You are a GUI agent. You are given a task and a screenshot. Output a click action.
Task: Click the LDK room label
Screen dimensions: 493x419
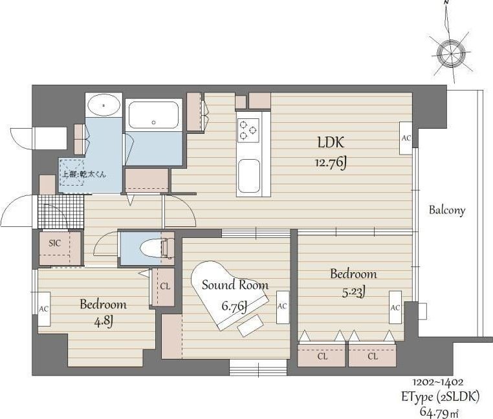pos(331,142)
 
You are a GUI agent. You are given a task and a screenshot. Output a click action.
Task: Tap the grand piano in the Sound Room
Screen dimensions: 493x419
pos(230,295)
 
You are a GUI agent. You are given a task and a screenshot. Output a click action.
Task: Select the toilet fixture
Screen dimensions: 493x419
pos(157,248)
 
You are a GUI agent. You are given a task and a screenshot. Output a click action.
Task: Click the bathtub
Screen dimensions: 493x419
pos(153,115)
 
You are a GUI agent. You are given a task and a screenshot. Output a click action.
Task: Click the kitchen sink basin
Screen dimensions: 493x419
pos(249,177)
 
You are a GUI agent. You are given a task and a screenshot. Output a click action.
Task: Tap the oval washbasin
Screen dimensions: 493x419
pos(104,105)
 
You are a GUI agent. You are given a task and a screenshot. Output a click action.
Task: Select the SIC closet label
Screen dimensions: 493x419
pos(55,243)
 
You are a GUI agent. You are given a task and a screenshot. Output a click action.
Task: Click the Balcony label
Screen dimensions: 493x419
pos(447,210)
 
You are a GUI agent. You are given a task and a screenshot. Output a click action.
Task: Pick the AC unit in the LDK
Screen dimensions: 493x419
pos(406,138)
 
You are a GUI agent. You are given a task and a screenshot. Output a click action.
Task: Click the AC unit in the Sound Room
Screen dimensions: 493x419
pos(283,307)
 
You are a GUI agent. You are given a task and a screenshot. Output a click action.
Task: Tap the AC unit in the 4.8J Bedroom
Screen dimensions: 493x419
pos(44,309)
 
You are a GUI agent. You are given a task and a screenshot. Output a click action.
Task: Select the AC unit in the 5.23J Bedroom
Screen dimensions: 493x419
pos(395,307)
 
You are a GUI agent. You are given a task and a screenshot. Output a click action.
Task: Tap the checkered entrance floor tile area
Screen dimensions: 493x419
pos(61,211)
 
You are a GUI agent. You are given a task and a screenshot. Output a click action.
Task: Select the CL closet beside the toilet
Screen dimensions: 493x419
pos(163,286)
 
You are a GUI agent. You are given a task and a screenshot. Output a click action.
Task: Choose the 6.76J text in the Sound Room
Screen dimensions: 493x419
pos(234,306)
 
